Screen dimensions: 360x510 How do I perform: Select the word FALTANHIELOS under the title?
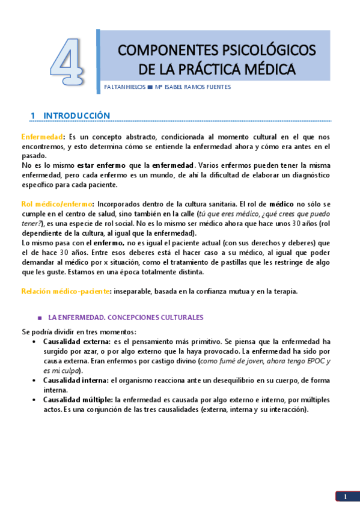click(x=125, y=87)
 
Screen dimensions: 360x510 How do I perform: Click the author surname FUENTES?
click(x=215, y=87)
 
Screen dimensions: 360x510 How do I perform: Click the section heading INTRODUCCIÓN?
click(x=77, y=115)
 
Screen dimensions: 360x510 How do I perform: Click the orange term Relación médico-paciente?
click(x=66, y=292)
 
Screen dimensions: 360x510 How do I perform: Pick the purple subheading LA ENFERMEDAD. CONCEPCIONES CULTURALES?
click(x=126, y=318)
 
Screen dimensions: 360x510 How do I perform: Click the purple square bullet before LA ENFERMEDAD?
click(x=39, y=318)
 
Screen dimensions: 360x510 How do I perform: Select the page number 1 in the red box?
click(x=346, y=496)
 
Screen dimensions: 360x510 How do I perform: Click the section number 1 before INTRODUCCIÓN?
click(x=33, y=115)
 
